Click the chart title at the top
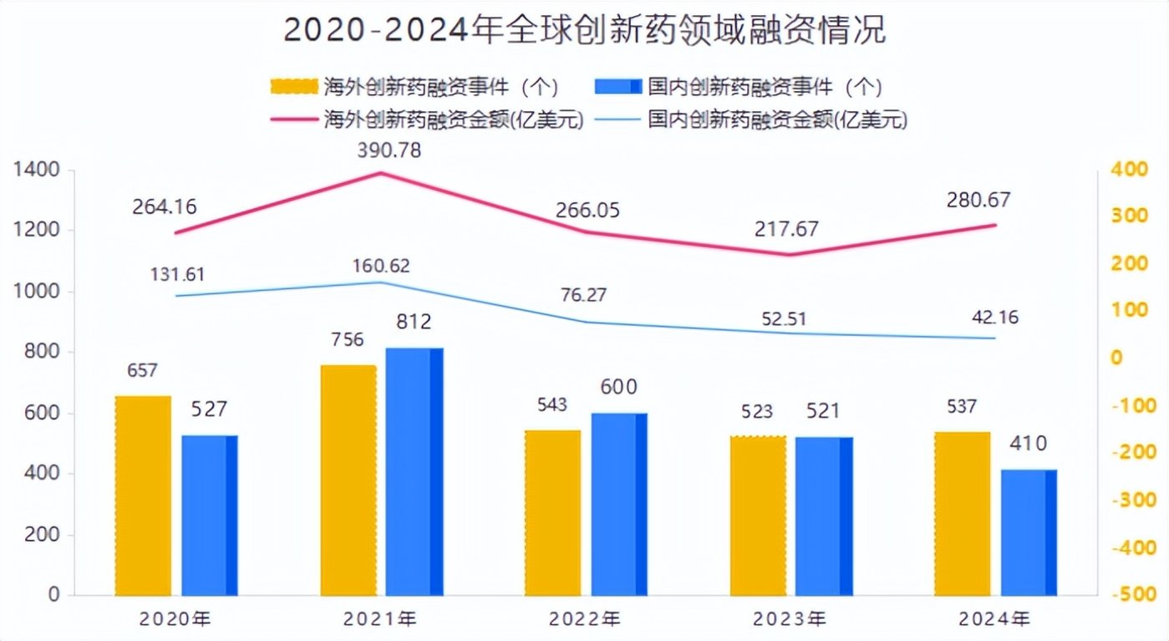(x=584, y=30)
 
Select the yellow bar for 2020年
(x=143, y=495)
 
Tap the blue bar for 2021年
(x=414, y=471)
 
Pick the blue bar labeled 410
(x=1028, y=532)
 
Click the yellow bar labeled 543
(x=552, y=512)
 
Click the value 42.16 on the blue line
(x=994, y=318)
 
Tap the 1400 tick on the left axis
(x=36, y=170)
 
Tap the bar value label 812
(x=415, y=322)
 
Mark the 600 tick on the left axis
(x=43, y=413)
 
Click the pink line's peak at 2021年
(x=381, y=173)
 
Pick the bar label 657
(x=143, y=369)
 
